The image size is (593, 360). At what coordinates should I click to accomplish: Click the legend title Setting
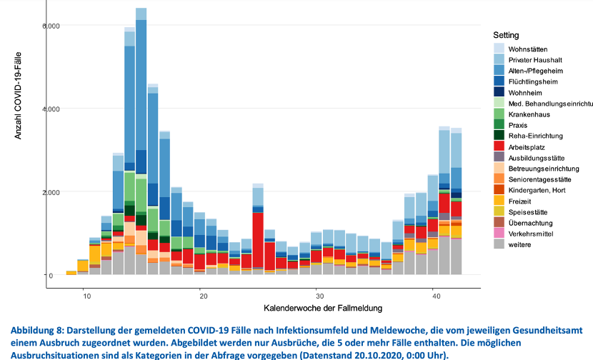coord(506,35)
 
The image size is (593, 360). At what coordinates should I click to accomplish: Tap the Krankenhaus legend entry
coord(529,114)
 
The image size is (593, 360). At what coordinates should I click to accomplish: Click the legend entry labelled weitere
coord(519,244)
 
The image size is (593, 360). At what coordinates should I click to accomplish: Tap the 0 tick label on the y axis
coord(50,276)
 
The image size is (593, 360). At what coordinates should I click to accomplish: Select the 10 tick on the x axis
coord(85,294)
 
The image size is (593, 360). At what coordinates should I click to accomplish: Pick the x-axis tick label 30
coord(319,294)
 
